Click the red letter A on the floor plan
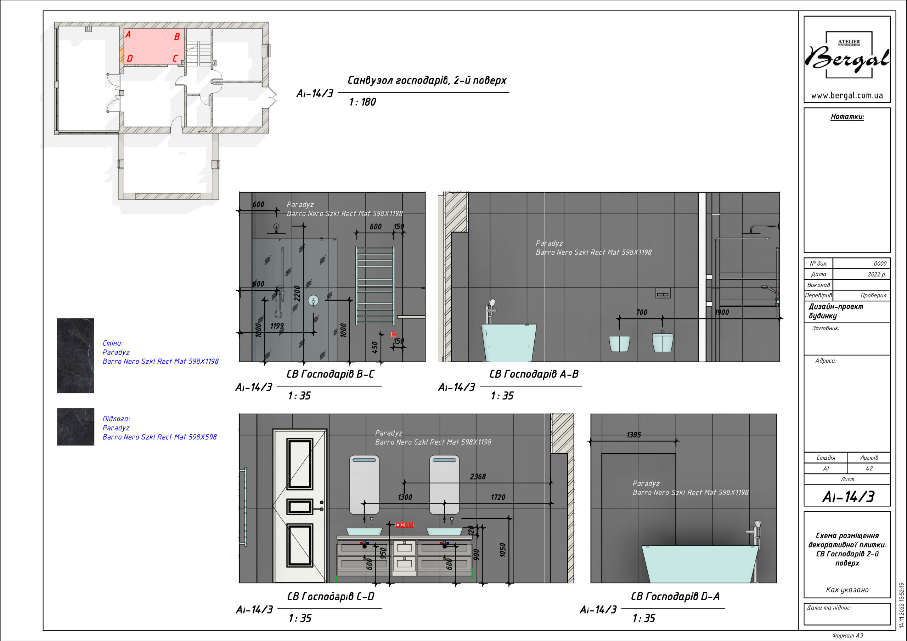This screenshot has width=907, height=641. [x=128, y=34]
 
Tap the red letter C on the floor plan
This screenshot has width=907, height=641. [x=175, y=58]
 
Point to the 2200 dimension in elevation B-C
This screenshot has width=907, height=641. [x=297, y=294]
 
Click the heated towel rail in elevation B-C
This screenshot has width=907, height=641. [x=375, y=285]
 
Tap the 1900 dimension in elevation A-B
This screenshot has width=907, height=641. [x=722, y=312]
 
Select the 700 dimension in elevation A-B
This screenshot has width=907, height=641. [x=642, y=312]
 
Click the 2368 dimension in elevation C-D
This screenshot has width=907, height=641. [x=478, y=477]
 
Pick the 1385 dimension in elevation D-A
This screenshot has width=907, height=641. [x=633, y=435]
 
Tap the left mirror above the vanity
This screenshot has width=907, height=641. [x=364, y=485]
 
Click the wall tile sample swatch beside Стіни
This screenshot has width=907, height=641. [x=75, y=356]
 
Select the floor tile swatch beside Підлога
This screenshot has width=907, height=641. [x=75, y=427]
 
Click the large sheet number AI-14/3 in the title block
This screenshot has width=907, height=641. [x=848, y=497]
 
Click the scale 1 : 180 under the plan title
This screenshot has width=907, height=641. [x=362, y=102]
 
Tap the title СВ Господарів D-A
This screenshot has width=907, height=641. [x=675, y=596]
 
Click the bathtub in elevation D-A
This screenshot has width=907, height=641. [x=700, y=564]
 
